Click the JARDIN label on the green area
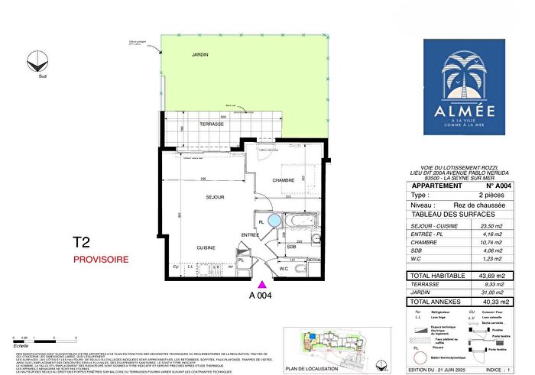[x=199, y=55]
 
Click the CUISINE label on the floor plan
[x=206, y=248]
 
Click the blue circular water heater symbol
[x=274, y=221]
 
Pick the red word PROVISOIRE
[x=100, y=260]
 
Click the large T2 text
[x=82, y=243]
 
